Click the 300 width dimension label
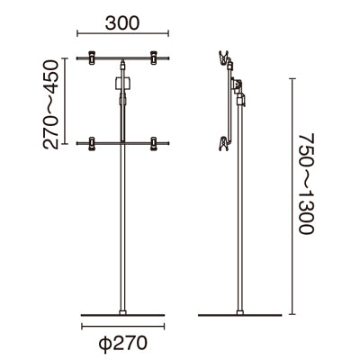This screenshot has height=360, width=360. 122,23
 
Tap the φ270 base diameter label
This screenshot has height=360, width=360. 123,343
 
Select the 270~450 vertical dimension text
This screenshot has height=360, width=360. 50,104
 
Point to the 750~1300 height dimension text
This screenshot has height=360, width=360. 307,184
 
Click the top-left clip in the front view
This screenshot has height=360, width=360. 92,58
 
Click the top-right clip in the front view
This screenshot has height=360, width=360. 154,58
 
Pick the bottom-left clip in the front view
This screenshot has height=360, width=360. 92,143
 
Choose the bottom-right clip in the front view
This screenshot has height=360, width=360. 154,143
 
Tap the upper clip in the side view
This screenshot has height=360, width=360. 224,58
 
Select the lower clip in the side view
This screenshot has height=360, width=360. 224,144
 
